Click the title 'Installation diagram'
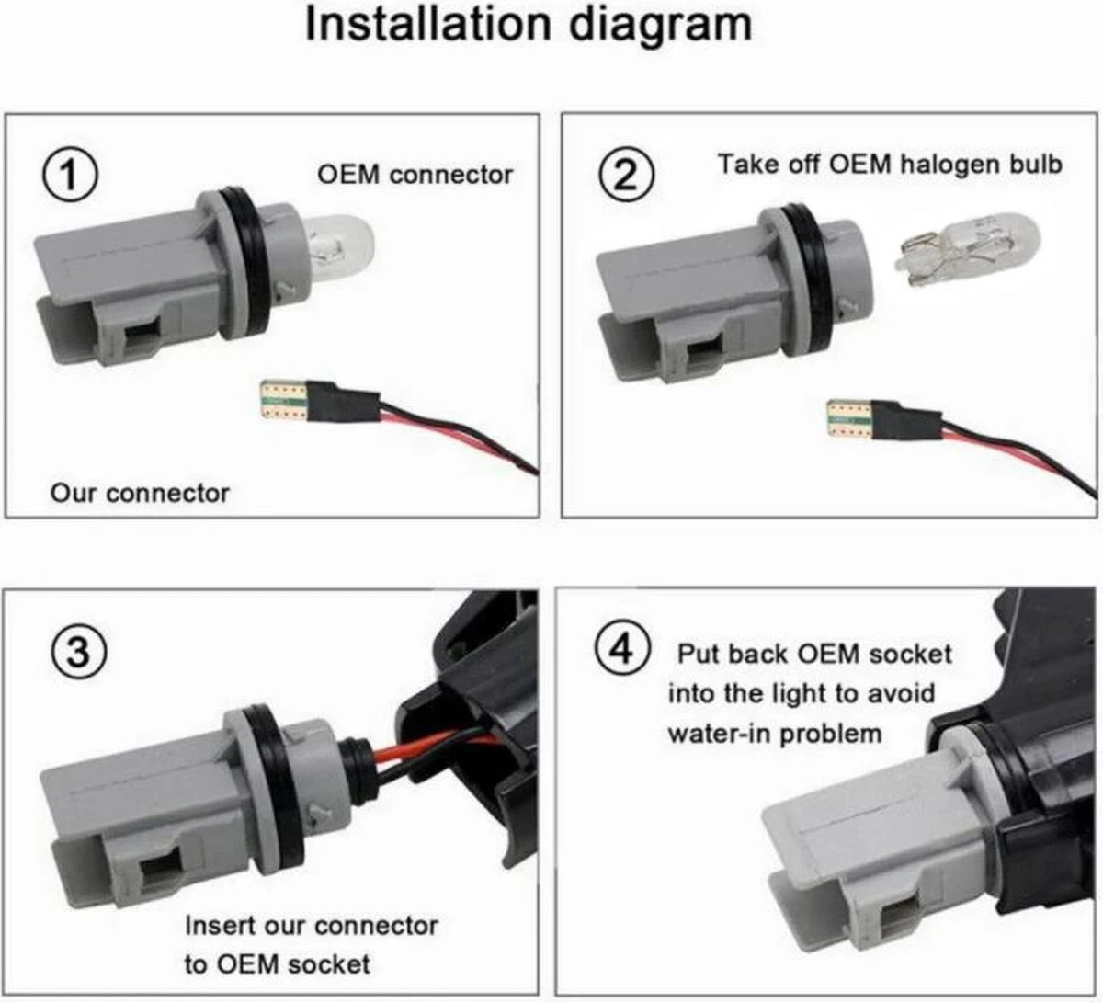point(528,26)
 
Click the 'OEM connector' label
point(415,174)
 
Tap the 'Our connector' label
point(140,493)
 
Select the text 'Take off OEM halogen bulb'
point(890,165)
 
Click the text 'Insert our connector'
point(312,924)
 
